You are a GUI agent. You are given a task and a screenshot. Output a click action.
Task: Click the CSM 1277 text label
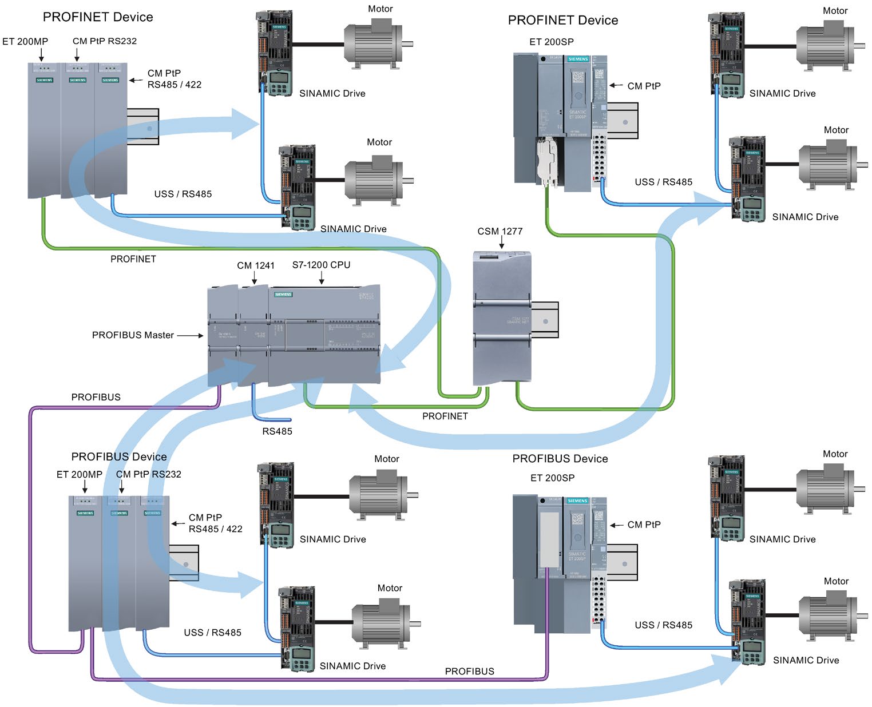tap(500, 231)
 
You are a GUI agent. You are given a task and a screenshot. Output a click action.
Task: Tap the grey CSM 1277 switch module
tap(502, 318)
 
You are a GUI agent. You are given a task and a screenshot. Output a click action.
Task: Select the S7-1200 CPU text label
tap(321, 265)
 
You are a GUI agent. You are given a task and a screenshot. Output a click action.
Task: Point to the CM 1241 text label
tap(256, 265)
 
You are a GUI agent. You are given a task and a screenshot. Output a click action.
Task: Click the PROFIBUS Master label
tap(133, 335)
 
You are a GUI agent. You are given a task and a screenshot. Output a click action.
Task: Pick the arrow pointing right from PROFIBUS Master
tap(190, 336)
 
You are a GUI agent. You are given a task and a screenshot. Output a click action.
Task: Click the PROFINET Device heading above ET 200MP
tap(98, 17)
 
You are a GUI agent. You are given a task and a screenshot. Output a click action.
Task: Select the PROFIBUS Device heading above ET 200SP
tap(560, 459)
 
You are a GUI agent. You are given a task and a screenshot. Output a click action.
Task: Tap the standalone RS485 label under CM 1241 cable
tap(277, 431)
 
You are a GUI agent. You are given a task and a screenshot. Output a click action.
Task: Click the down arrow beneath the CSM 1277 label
tap(501, 244)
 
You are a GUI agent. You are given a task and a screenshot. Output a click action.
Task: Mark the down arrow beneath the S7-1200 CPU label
tap(322, 278)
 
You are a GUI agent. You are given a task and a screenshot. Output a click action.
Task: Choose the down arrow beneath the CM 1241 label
tap(255, 278)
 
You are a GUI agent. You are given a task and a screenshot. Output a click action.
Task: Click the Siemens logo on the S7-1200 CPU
tap(283, 295)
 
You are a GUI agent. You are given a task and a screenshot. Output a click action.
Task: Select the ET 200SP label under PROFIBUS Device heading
tap(552, 478)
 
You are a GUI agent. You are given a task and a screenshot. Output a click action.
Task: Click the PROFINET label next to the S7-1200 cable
tap(445, 416)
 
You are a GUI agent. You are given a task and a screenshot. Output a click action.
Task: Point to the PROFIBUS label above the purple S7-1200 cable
tap(96, 397)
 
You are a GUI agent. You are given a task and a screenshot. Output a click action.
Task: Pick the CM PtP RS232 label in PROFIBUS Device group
tap(148, 474)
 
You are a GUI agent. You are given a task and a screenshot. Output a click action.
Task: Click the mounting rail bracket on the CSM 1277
tap(545, 320)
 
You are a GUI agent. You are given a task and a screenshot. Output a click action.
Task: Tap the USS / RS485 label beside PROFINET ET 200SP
tap(663, 182)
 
